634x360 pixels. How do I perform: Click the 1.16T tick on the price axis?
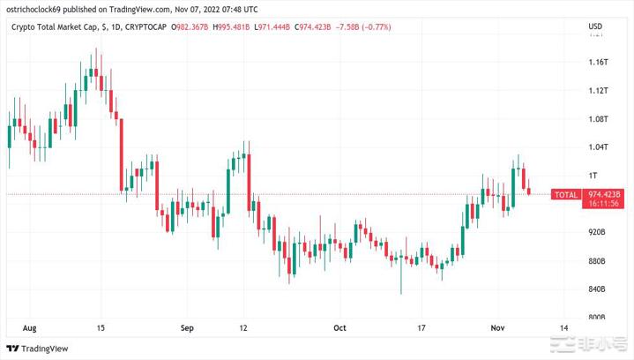pyautogui.click(x=598, y=62)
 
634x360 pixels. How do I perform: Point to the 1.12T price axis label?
pyautogui.click(x=598, y=90)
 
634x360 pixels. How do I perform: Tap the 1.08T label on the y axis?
pyautogui.click(x=598, y=118)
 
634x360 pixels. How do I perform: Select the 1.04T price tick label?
pyautogui.click(x=598, y=146)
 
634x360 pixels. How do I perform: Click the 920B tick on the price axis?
pyautogui.click(x=598, y=232)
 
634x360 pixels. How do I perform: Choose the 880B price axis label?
pyautogui.click(x=598, y=261)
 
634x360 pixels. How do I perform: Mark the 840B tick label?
pyautogui.click(x=598, y=289)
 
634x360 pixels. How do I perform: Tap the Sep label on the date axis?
pyautogui.click(x=186, y=326)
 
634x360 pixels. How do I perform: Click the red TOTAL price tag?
pyautogui.click(x=564, y=194)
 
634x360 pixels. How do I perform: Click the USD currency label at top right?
pyautogui.click(x=595, y=26)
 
